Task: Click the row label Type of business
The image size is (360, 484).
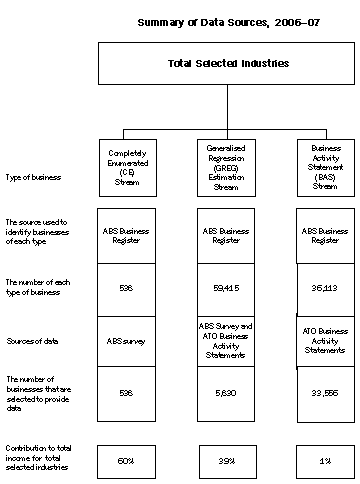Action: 32,178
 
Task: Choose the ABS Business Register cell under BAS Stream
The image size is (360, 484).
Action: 324,235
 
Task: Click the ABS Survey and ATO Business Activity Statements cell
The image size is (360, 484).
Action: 227,340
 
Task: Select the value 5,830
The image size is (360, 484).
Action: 227,392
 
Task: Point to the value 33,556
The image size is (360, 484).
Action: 324,392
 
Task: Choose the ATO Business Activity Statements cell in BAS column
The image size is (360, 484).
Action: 324,340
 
